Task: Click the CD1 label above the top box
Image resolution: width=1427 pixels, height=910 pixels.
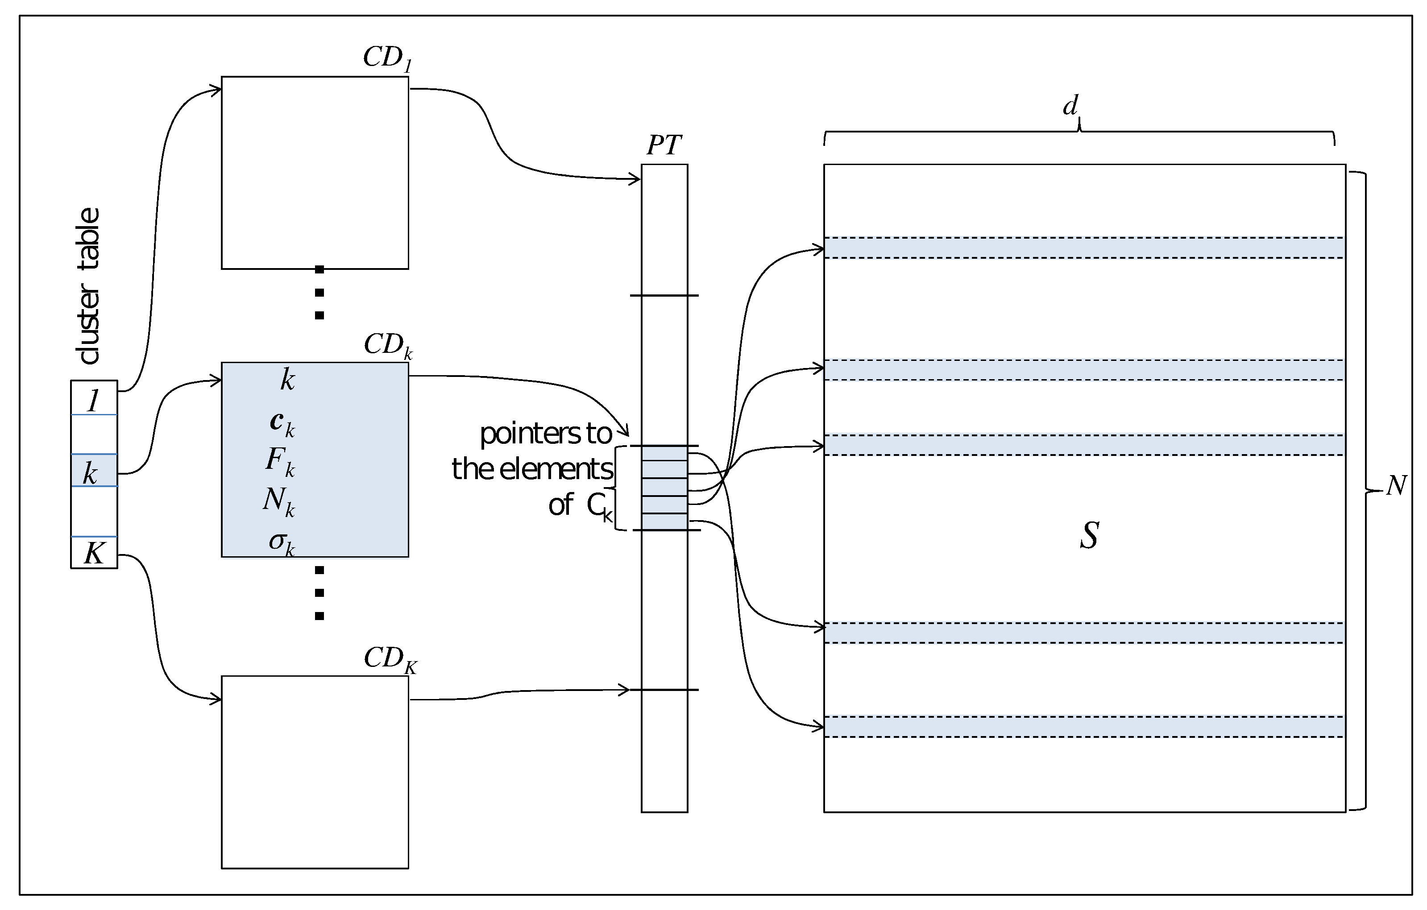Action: [x=387, y=58]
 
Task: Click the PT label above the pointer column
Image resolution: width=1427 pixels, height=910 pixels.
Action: [x=664, y=145]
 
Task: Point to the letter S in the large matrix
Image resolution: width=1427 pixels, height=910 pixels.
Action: [x=1089, y=535]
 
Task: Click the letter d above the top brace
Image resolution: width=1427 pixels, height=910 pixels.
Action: [x=1070, y=107]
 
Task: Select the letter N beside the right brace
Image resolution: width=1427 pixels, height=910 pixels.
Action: [x=1396, y=486]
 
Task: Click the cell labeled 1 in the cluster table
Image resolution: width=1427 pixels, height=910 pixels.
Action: [x=94, y=401]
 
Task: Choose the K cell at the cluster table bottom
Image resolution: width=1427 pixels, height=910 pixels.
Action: [x=94, y=553]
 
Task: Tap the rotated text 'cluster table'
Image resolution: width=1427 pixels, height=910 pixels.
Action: [x=89, y=286]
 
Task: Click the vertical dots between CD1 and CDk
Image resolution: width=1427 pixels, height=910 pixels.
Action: [x=319, y=293]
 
